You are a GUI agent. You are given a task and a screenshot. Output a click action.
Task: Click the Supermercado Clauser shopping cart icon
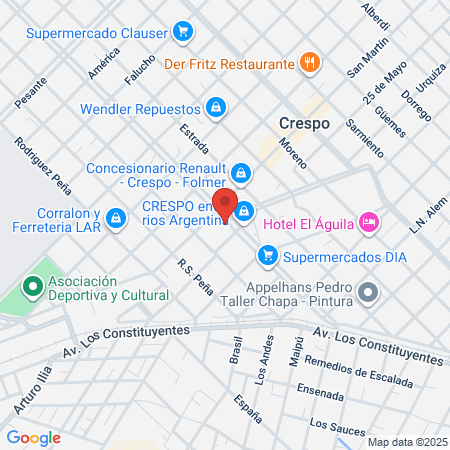click(182, 32)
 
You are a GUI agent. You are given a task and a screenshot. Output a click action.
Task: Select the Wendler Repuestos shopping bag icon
click(215, 105)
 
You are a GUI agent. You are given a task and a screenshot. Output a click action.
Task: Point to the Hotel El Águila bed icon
click(368, 220)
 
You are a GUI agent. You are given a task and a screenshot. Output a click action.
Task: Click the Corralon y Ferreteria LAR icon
click(116, 216)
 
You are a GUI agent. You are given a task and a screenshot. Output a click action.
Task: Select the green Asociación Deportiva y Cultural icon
click(33, 289)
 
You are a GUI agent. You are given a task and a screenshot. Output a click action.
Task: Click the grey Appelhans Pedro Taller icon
click(368, 293)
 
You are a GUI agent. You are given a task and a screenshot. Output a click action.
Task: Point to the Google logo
click(33, 437)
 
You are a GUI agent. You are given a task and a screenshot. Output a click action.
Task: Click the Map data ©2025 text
click(406, 441)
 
